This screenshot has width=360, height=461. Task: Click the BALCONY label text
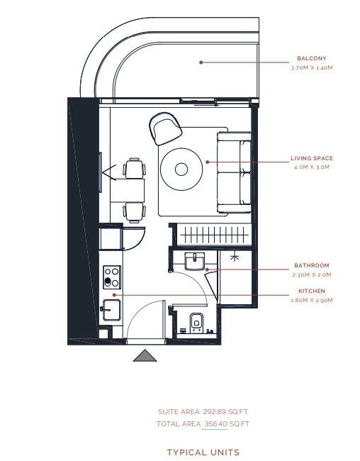click(x=312, y=58)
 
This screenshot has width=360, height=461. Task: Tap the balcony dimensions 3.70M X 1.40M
click(x=312, y=67)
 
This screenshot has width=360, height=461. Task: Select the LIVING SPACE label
click(x=312, y=158)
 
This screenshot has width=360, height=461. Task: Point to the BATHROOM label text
click(x=312, y=265)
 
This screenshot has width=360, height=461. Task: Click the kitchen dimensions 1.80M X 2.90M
click(x=312, y=300)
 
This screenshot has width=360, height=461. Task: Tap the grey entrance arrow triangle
click(x=145, y=355)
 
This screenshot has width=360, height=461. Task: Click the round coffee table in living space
click(x=181, y=169)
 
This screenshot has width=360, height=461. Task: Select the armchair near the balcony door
click(x=165, y=128)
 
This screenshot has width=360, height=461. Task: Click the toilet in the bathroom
click(x=196, y=323)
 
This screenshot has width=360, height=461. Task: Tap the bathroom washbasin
click(x=195, y=261)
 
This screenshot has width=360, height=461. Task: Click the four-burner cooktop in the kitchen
click(x=112, y=277)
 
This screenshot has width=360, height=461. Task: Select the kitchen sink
click(x=111, y=310)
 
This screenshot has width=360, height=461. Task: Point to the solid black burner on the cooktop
click(x=108, y=281)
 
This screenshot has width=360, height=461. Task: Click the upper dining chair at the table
click(x=135, y=169)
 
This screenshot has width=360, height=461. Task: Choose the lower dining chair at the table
click(x=135, y=212)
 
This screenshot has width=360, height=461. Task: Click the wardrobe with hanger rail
click(x=214, y=235)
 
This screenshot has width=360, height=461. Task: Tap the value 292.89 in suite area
click(x=214, y=411)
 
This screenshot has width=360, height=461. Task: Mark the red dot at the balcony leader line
click(x=201, y=62)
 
